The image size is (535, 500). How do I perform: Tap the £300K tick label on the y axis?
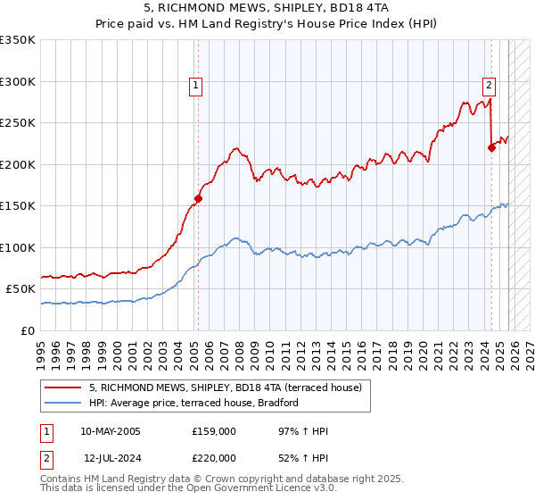pyautogui.click(x=18, y=81)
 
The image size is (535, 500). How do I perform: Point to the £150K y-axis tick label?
pyautogui.click(x=18, y=205)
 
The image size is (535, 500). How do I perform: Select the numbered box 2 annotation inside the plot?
pyautogui.click(x=490, y=86)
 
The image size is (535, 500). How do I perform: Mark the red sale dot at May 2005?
pyautogui.click(x=198, y=198)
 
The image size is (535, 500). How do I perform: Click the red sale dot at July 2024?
pyautogui.click(x=491, y=148)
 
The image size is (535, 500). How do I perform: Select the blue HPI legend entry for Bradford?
pyautogui.click(x=193, y=403)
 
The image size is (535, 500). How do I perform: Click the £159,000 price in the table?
pyautogui.click(x=214, y=431)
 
